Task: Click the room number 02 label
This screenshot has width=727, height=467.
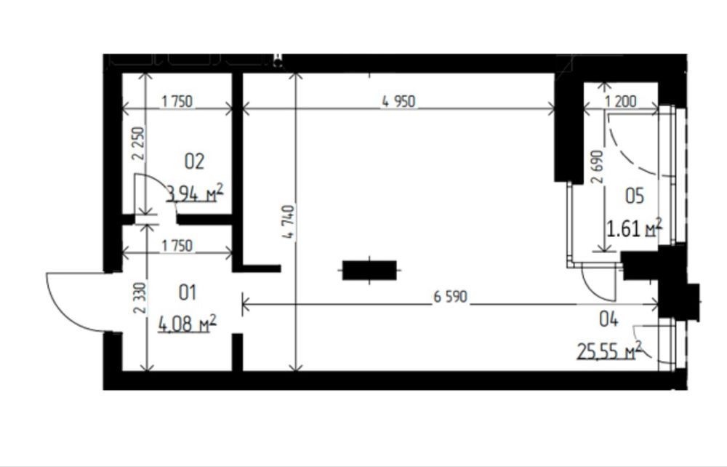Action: point(194,161)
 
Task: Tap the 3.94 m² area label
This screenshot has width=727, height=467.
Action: point(195,193)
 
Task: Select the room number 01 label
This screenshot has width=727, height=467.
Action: point(188,292)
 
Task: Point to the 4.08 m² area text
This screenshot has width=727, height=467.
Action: point(188,323)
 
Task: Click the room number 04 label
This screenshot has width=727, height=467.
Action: point(608,319)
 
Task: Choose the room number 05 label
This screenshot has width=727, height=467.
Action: point(635,196)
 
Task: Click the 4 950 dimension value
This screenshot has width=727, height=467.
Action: point(398,101)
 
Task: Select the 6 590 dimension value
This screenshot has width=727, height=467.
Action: point(451,296)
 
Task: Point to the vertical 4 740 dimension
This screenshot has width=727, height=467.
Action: point(289,222)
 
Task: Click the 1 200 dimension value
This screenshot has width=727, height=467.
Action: point(621,101)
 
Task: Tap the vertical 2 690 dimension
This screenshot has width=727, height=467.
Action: point(598,167)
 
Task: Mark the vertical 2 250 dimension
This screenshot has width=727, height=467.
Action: point(139,144)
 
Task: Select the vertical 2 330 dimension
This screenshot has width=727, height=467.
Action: point(140,298)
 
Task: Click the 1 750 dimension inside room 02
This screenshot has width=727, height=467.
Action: point(177,101)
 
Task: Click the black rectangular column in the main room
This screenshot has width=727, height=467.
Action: point(369,270)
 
